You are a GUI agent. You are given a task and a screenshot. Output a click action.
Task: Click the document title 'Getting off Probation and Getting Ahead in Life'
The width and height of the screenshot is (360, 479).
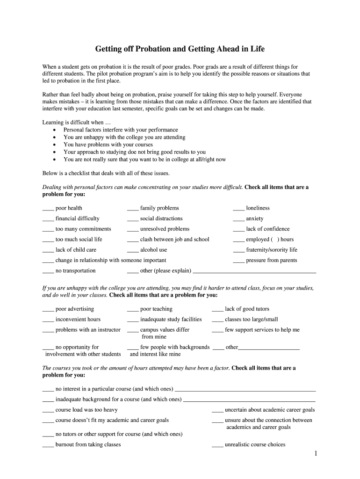[x=180, y=49]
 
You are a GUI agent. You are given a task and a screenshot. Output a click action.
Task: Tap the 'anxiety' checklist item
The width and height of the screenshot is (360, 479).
[x=254, y=218]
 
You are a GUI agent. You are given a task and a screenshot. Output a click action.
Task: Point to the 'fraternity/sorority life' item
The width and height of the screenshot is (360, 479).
[x=271, y=250]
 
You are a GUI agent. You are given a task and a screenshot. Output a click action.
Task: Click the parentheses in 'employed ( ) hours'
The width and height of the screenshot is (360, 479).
[x=275, y=239]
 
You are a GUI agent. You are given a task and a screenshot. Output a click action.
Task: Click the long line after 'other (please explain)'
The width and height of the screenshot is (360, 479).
[x=254, y=272]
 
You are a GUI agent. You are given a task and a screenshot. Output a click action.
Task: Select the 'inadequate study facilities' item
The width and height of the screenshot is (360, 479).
[x=171, y=319]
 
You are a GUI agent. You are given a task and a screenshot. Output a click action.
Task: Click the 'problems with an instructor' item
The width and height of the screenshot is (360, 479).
[x=88, y=330]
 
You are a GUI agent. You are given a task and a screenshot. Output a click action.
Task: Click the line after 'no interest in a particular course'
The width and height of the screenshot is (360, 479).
[x=245, y=390]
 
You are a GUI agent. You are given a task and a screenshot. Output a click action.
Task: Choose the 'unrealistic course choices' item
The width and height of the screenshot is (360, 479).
[x=255, y=444]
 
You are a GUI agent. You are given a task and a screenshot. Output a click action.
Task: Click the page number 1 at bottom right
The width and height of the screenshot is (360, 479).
[x=316, y=454]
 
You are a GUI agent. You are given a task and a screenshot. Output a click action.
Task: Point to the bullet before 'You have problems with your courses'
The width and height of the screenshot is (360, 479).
[x=55, y=145]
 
